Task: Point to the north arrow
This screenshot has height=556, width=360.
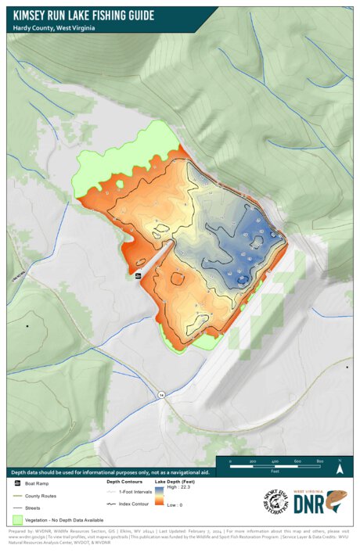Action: pyautogui.click(x=340, y=469)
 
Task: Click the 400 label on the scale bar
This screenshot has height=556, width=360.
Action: pyautogui.click(x=275, y=462)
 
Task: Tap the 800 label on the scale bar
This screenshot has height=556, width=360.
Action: pyautogui.click(x=320, y=462)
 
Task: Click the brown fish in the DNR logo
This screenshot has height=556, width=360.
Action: pyautogui.click(x=337, y=501)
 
